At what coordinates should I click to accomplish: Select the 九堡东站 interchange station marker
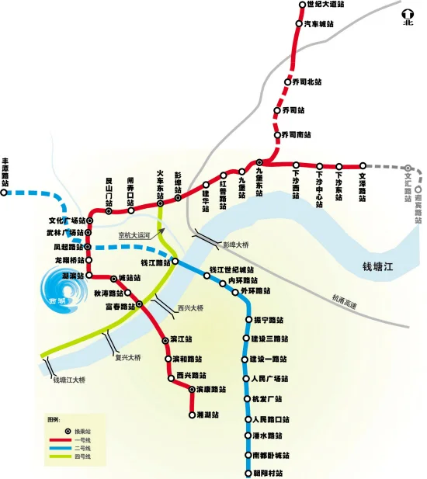click(260, 163)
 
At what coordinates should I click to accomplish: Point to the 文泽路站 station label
click(362, 184)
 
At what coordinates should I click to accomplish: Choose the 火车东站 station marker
click(161, 204)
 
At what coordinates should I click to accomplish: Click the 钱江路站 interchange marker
click(175, 262)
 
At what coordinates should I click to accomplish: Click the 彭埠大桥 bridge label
click(236, 245)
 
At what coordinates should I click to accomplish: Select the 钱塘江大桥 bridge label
click(70, 380)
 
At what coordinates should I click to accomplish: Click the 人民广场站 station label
click(270, 379)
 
